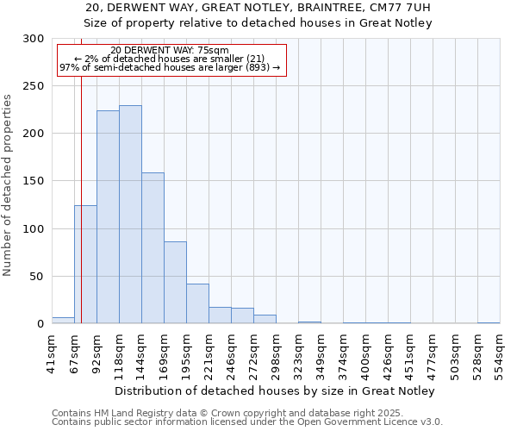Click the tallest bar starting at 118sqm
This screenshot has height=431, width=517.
130,215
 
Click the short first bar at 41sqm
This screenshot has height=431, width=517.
63,321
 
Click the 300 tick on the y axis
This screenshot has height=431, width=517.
34,39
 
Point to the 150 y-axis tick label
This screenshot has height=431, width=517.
34,182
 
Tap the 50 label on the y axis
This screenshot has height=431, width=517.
37,277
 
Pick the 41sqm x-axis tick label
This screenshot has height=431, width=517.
52,349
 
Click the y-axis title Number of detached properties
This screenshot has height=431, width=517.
9,185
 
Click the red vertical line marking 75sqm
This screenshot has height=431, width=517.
81,172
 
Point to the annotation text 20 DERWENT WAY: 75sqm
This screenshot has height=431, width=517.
170,51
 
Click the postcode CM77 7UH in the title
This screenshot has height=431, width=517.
400,8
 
